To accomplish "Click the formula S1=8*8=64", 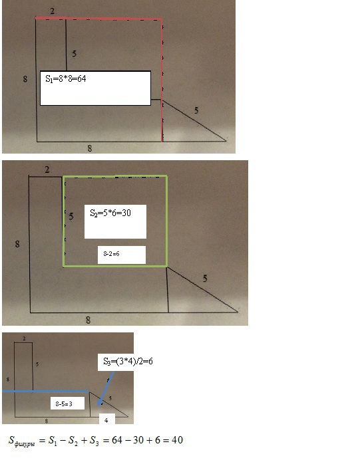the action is [66, 79].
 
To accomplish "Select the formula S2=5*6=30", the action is [110, 213].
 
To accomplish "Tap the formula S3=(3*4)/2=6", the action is [128, 361].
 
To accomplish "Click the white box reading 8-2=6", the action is [122, 255].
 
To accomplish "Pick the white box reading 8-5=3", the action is [67, 404].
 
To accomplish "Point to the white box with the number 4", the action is [107, 419].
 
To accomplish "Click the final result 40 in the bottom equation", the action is [177, 440].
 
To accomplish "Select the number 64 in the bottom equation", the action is [118, 440].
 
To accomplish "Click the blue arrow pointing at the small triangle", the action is [106, 388].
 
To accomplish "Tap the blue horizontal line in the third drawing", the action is [46, 391].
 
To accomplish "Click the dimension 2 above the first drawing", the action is [53, 11].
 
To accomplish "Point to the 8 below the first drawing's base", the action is [90, 148].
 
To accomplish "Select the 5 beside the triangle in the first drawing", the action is [196, 110].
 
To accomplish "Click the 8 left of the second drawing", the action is [17, 244].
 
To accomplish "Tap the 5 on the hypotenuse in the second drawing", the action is [205, 279].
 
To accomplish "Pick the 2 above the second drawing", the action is [47, 170].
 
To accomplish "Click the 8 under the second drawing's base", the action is [88, 320].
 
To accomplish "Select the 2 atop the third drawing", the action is [24, 338].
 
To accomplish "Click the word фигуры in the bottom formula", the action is [25, 444].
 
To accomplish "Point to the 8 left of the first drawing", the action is [25, 79].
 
